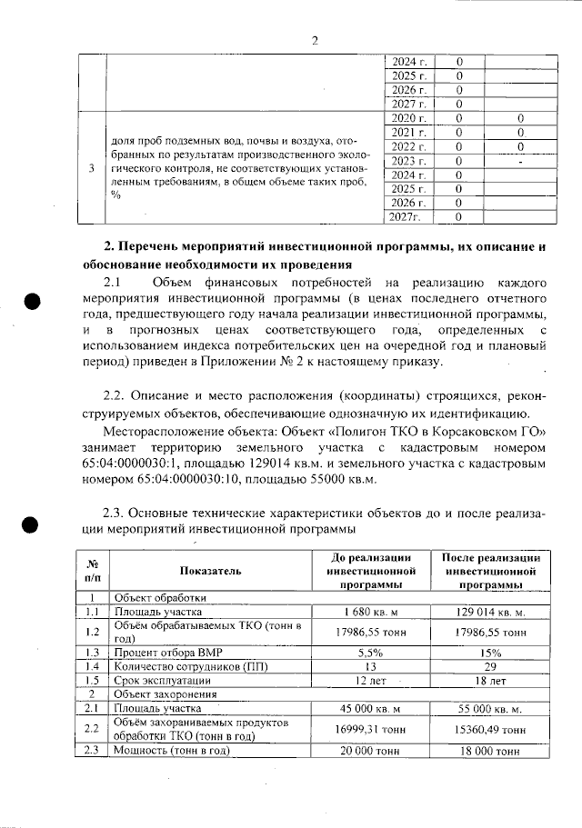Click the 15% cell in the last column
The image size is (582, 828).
tap(492, 653)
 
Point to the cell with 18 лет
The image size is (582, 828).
tap(492, 680)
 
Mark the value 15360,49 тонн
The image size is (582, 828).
tap(492, 729)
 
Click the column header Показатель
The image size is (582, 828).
tap(210, 571)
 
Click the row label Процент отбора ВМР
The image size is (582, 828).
tap(163, 653)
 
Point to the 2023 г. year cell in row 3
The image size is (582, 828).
tap(408, 161)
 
